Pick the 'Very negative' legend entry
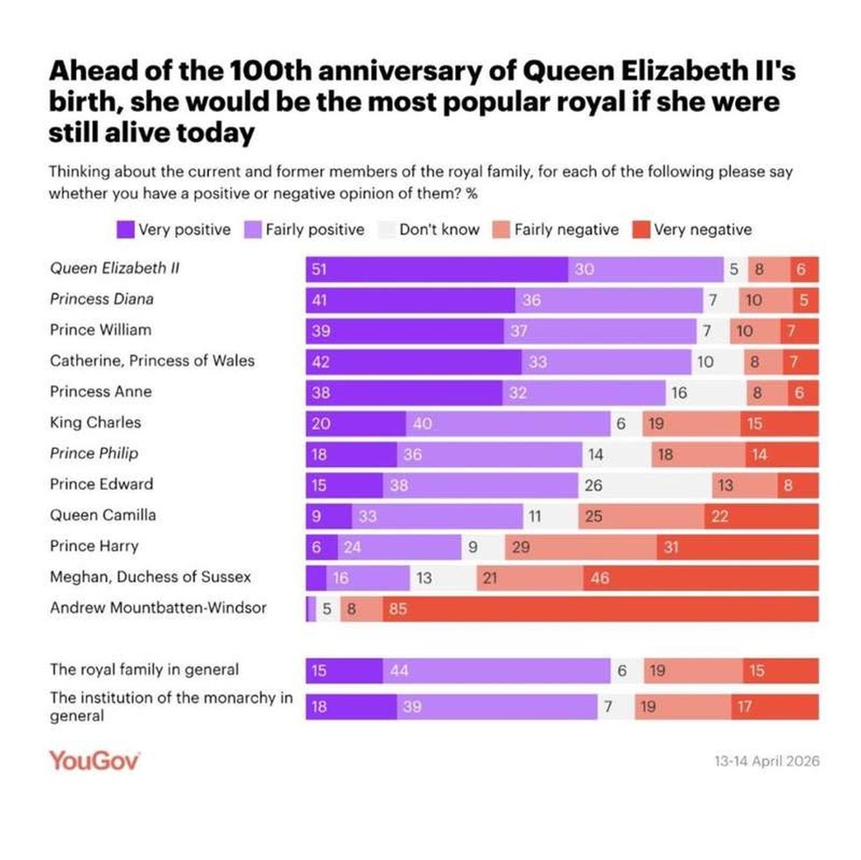tap(692, 230)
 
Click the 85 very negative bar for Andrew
tap(599, 608)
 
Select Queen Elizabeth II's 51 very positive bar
tap(436, 269)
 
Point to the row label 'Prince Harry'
tap(94, 546)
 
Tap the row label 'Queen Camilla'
tap(103, 515)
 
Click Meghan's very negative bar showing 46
tap(700, 577)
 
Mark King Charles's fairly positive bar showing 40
tap(507, 423)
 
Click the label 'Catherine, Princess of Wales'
tap(152, 360)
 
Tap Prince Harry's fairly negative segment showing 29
tap(580, 547)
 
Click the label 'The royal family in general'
tap(144, 669)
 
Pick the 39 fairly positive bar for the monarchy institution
tap(498, 707)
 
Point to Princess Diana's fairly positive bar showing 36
tap(608, 300)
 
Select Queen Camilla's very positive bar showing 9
tap(328, 516)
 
